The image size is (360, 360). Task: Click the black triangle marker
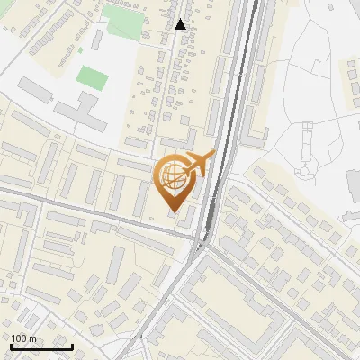tap(181, 24)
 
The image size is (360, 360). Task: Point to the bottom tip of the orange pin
tap(174, 213)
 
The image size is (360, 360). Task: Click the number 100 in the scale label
tap(20, 337)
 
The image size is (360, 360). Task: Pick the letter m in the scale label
tap(33, 337)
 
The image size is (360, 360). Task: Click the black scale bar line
tap(41, 346)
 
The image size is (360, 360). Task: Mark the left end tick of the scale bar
tap(11, 346)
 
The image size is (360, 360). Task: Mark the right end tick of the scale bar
tap(72, 346)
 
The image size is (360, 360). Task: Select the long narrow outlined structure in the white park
tap(308, 144)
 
